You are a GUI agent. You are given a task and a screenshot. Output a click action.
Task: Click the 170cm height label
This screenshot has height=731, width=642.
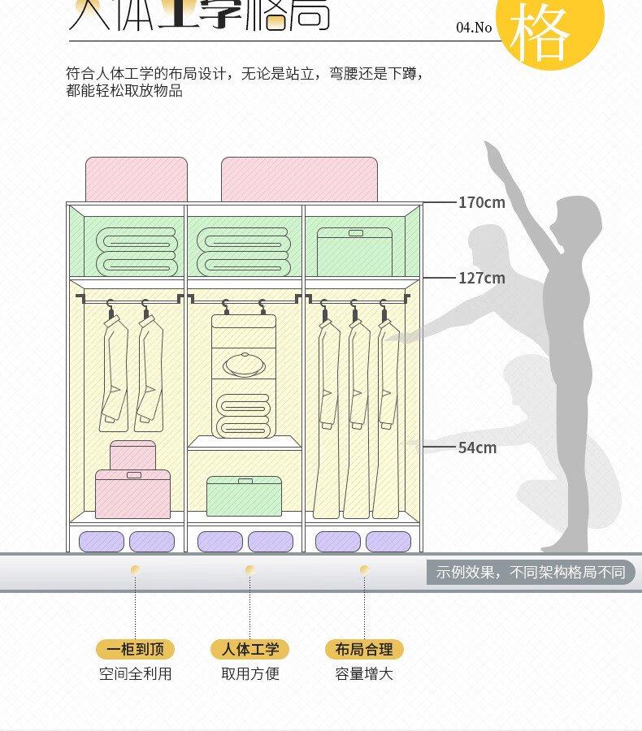point(481,202)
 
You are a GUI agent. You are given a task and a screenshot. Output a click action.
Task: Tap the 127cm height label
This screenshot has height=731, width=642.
point(481,278)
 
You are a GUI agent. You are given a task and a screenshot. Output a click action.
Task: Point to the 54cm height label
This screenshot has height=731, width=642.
point(477,448)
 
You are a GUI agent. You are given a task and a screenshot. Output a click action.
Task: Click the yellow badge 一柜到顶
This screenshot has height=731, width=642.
point(135,649)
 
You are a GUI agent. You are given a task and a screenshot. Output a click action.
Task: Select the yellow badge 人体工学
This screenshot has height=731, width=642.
point(250,649)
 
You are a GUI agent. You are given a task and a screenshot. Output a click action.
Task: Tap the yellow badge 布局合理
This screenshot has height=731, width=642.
point(364,649)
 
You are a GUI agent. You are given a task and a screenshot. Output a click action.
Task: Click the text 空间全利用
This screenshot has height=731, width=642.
point(135,673)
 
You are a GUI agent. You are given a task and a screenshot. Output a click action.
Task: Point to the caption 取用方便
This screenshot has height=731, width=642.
point(250,673)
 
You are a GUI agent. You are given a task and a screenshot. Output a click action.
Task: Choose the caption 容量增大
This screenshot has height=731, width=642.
point(364,673)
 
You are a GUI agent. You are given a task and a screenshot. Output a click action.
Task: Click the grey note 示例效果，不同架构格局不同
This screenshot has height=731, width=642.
point(530,572)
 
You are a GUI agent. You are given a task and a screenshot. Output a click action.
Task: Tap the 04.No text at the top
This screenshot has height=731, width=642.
point(474,28)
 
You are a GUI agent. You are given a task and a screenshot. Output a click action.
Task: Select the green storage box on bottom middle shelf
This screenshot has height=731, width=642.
point(244,496)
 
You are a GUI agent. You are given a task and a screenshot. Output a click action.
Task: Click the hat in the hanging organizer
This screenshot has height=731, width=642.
point(245,364)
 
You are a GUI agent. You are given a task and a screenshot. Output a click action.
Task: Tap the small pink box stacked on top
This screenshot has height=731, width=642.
point(132,455)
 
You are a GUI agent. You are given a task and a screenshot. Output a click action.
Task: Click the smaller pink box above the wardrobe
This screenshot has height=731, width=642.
point(137,180)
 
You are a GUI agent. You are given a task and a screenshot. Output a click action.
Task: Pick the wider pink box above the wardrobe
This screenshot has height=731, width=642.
point(300,180)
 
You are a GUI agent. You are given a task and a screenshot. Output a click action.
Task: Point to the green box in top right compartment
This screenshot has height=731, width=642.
point(354,252)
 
